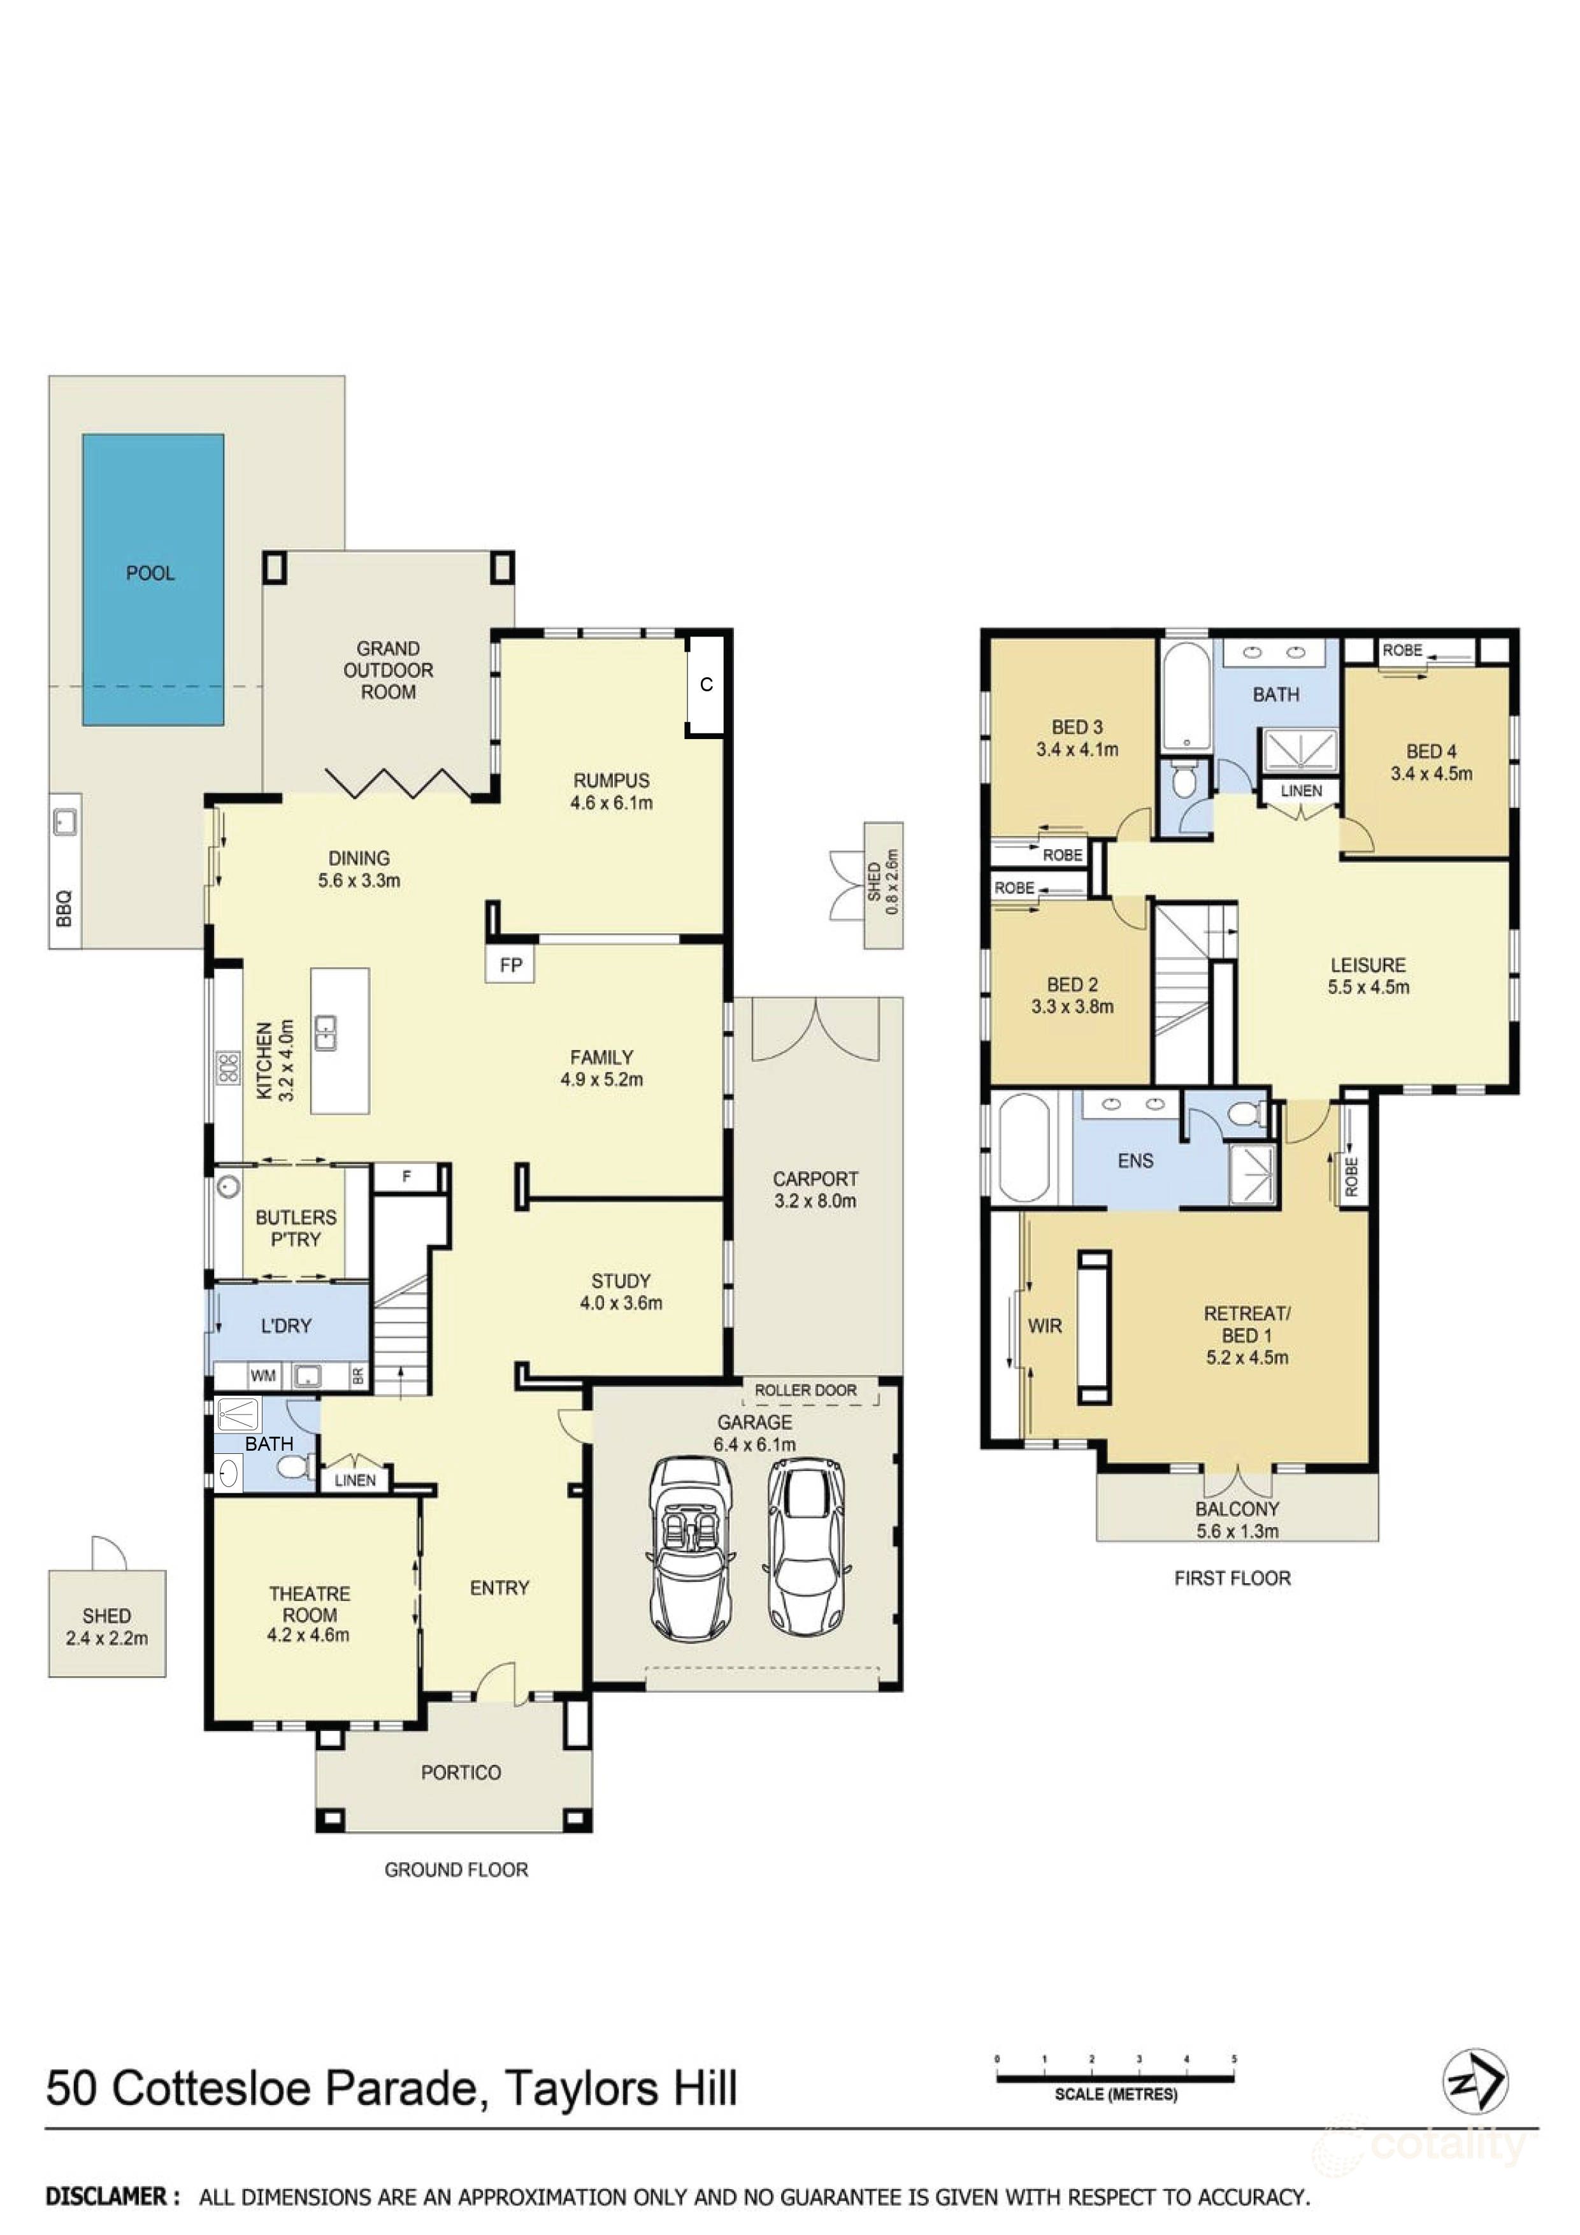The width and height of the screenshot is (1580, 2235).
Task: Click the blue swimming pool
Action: [153, 580]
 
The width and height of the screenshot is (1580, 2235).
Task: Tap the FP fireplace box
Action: [511, 965]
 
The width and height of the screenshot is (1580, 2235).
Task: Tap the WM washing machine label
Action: [263, 1376]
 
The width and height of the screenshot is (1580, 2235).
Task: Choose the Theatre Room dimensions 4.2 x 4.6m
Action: [308, 1635]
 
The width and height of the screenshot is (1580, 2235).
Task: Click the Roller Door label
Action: [806, 1390]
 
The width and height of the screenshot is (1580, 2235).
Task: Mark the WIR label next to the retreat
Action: [1045, 1326]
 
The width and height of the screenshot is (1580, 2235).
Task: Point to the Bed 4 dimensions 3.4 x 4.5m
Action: [1431, 774]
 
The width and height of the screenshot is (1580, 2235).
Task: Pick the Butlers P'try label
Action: [296, 1228]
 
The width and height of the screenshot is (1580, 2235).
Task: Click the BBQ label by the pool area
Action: [64, 909]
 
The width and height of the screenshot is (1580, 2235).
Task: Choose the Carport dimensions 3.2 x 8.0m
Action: [815, 1201]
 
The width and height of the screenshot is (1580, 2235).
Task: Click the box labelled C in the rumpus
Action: [707, 684]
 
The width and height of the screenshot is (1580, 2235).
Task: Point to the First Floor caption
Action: [1232, 1578]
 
